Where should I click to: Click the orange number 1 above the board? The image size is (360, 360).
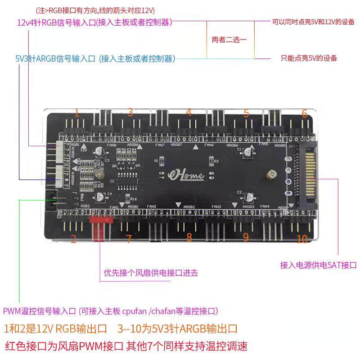point(77,112)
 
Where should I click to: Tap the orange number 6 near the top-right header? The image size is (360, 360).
point(305,113)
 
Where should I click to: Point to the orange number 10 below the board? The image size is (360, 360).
point(302,239)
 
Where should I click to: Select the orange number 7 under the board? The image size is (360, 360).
point(129,239)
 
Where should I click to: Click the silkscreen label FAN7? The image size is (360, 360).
point(160,145)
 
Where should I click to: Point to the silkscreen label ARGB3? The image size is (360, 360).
point(249,207)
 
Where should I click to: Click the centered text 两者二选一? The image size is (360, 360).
point(229,40)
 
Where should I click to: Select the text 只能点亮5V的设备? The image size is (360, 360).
point(309,58)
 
